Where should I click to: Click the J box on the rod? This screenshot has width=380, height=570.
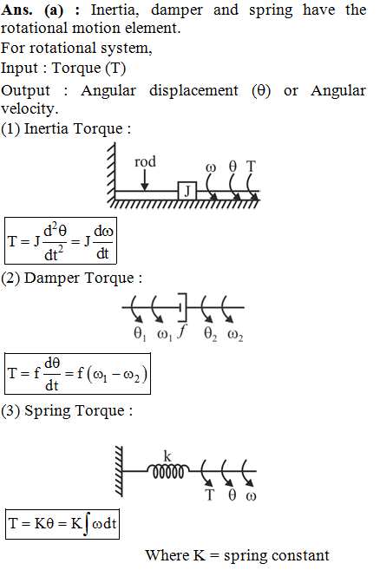[x=187, y=191]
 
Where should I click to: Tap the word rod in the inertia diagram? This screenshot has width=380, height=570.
[x=145, y=161]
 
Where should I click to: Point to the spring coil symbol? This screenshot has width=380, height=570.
[x=168, y=471]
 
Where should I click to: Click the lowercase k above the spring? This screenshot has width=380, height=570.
[x=167, y=455]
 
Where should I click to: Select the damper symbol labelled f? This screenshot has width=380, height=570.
[x=182, y=307]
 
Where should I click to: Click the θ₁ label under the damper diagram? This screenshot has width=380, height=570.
[x=140, y=333]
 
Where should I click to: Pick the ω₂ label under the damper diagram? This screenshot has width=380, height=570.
[x=235, y=334]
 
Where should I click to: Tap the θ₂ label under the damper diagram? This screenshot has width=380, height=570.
[x=211, y=333]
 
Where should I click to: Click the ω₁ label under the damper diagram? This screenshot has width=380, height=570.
[x=165, y=334]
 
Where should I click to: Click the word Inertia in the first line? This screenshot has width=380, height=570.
[x=115, y=10]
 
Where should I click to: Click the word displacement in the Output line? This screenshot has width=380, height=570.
[x=193, y=90]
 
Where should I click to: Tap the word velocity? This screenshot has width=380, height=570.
[x=29, y=109]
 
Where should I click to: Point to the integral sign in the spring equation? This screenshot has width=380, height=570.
[x=86, y=523]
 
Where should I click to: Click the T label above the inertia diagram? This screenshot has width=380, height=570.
[x=252, y=167]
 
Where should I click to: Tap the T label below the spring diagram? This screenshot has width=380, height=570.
[x=209, y=495]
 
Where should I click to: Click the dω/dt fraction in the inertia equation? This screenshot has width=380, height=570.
[x=103, y=242]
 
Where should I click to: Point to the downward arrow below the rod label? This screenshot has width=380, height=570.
[x=145, y=180]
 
